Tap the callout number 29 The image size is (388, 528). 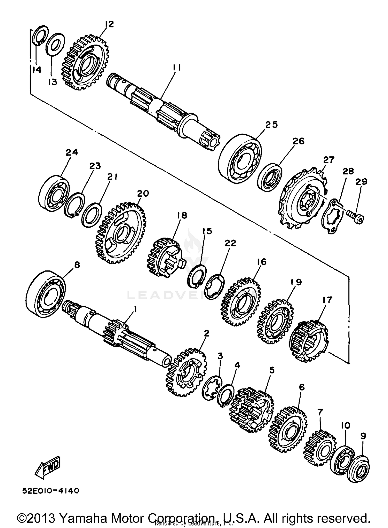[361, 182]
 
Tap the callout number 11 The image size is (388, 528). [177, 68]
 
